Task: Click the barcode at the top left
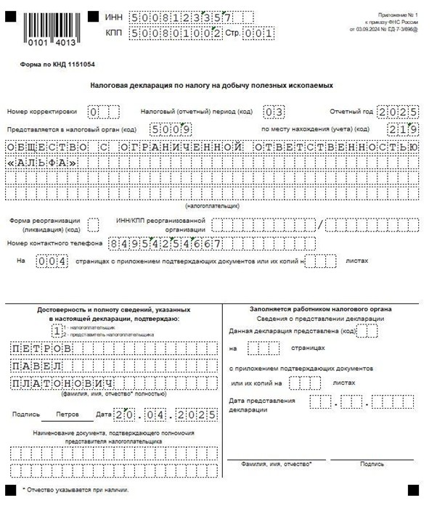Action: click(x=49, y=29)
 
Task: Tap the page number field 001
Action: click(x=258, y=33)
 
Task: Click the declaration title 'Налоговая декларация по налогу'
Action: click(x=212, y=86)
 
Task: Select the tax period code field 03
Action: click(x=274, y=112)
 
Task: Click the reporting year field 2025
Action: click(x=398, y=112)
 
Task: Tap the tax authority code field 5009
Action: click(x=171, y=129)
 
